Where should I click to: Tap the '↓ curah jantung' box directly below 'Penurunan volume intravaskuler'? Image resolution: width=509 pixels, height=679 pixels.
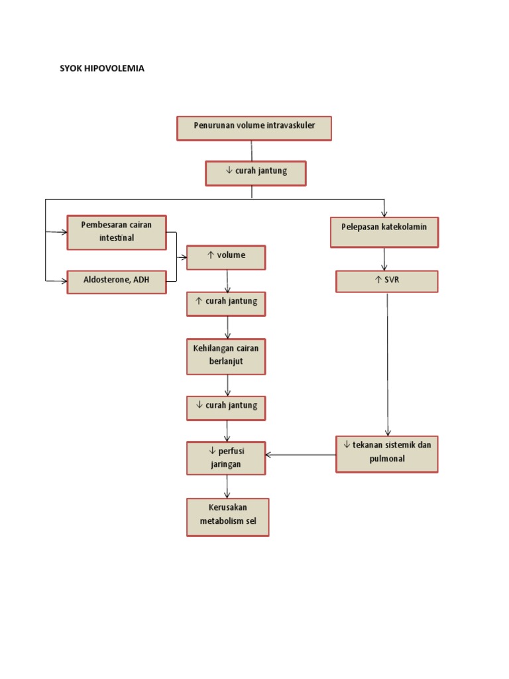255,172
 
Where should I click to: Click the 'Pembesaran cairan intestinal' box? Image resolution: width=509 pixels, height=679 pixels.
117,232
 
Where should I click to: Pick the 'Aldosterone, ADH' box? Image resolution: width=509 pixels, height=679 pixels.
117,281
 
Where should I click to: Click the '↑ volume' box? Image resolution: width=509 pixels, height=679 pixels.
226,257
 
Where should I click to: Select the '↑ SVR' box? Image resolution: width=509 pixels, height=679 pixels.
387,281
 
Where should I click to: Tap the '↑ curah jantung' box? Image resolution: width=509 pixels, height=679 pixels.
226,303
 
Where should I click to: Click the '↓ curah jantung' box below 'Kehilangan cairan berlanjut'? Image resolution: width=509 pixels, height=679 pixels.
226,407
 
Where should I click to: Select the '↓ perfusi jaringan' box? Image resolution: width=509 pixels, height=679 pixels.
226,458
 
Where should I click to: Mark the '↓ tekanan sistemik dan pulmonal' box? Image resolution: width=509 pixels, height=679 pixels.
387,454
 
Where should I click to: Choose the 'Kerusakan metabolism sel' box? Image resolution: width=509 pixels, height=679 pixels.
227,517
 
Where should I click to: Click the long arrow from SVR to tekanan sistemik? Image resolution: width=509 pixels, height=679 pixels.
388,365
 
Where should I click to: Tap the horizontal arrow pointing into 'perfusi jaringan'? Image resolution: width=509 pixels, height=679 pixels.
300,455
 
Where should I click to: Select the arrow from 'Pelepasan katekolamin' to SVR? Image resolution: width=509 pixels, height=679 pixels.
384,259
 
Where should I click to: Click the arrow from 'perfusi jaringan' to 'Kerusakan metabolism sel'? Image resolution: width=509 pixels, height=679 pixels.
227,487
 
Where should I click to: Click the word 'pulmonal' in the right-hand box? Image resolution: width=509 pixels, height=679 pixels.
387,460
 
